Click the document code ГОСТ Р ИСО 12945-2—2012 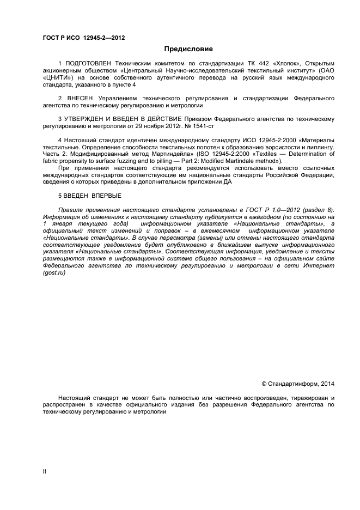[x=84, y=37]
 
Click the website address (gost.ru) [x=53, y=272]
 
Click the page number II [x=45, y=472]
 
